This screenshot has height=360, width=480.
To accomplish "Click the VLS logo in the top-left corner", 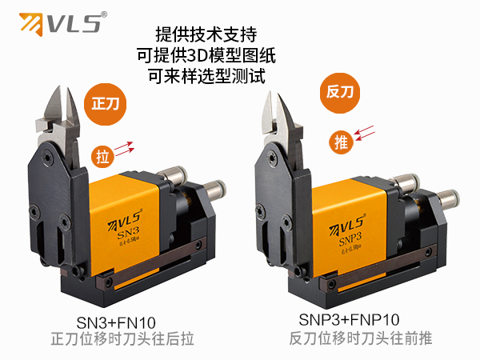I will [x=61, y=22].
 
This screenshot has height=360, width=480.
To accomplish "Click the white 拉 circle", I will [x=102, y=153].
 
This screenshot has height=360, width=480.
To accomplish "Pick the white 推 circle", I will [x=340, y=142].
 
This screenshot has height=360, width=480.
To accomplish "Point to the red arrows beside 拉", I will [x=124, y=146].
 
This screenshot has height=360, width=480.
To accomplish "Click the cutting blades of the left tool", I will [x=60, y=110].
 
